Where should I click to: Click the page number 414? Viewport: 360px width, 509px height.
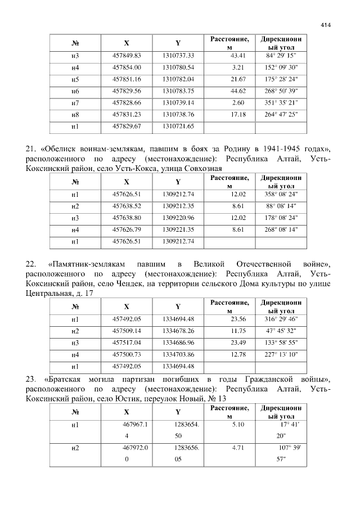pyautogui.click(x=326, y=25)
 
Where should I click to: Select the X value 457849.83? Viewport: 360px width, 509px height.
pyautogui.click(x=127, y=56)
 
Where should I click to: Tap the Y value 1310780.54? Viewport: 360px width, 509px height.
pyautogui.click(x=178, y=67)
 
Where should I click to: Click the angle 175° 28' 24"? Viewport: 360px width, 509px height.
pyautogui.click(x=281, y=79)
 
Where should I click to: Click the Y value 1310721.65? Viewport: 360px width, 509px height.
pyautogui.click(x=178, y=127)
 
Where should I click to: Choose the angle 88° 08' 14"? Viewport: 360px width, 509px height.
pyautogui.click(x=281, y=206)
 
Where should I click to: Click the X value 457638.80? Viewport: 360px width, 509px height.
pyautogui.click(x=127, y=218)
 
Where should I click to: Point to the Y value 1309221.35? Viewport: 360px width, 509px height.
pyautogui.click(x=178, y=229)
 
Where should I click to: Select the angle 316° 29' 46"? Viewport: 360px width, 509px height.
pyautogui.click(x=281, y=319)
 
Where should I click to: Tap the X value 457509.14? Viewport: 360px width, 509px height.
pyautogui.click(x=127, y=331)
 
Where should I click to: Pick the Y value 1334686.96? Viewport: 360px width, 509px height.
pyautogui.click(x=178, y=343)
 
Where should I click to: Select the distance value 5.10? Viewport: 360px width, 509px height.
pyautogui.click(x=238, y=425)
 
